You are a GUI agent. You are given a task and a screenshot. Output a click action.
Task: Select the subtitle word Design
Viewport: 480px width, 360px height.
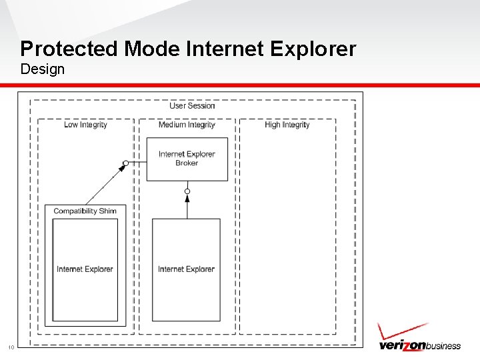pos(43,69)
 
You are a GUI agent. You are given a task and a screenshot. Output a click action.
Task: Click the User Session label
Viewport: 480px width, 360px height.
pos(192,105)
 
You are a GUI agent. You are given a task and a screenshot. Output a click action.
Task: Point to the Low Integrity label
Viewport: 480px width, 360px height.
pos(85,125)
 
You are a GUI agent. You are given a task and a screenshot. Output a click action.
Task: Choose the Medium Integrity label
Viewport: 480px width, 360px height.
pos(187,125)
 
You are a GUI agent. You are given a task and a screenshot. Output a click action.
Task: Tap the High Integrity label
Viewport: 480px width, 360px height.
pos(287,125)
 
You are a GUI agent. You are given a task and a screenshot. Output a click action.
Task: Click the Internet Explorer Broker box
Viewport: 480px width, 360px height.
pos(187,159)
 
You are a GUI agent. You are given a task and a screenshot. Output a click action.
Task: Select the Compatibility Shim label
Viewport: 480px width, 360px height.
pos(85,211)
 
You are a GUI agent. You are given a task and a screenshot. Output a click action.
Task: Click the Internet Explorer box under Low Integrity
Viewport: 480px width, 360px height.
pos(85,269)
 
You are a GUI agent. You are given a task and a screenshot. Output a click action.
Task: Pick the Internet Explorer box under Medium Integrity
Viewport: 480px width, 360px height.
pos(186,269)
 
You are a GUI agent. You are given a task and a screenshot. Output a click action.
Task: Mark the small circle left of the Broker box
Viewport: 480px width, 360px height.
pos(125,163)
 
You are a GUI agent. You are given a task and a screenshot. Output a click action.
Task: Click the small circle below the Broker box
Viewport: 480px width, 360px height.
pos(187,192)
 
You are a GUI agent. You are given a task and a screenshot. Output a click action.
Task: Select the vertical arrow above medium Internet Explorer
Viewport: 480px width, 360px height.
pos(187,207)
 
